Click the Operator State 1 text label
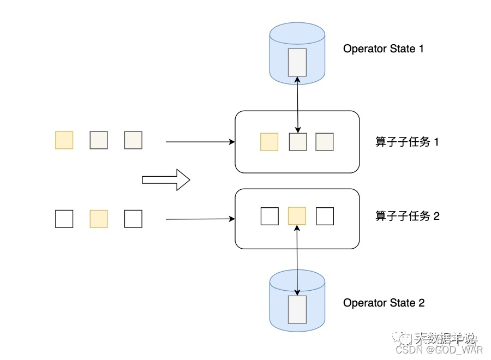tap(383, 49)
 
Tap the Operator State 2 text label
tap(384, 303)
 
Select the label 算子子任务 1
tap(407, 142)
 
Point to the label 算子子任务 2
tap(407, 216)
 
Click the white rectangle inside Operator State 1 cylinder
tap(297, 62)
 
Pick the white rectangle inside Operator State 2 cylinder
tap(297, 309)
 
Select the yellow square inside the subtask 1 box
tap(269, 142)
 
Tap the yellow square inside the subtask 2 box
tap(297, 216)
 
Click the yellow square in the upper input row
tap(64, 140)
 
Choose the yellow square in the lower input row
tap(99, 219)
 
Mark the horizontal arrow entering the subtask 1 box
tap(200, 142)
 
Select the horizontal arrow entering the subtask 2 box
tap(200, 219)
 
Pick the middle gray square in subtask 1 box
tap(297, 142)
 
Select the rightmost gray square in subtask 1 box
tap(325, 142)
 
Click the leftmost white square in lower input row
tap(64, 219)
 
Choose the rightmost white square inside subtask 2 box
tap(325, 216)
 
